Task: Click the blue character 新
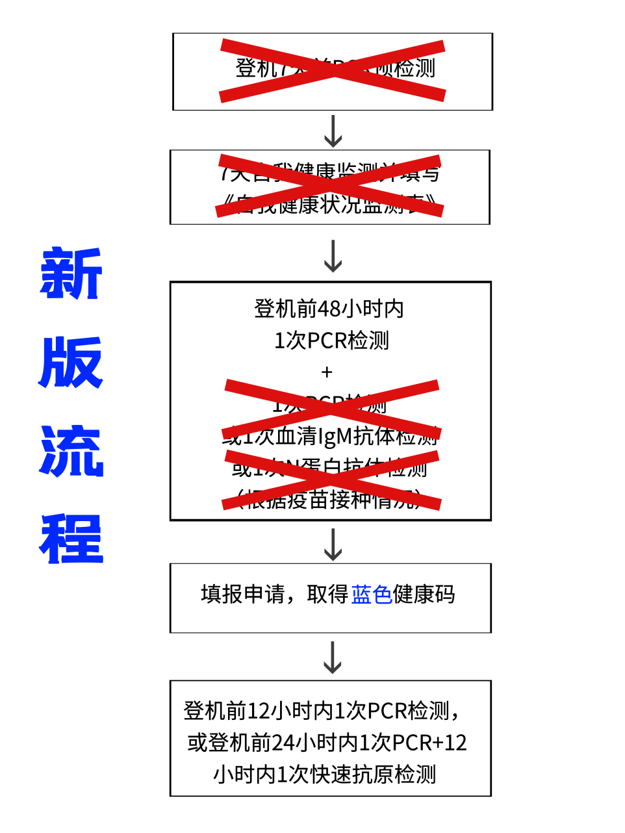tap(71, 274)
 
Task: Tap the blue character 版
tap(71, 362)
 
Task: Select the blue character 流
tap(71, 451)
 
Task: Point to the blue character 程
tap(71, 539)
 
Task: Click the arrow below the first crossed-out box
tap(333, 131)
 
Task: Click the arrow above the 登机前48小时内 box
tap(333, 255)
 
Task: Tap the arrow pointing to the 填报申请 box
tap(333, 544)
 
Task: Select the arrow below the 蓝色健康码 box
tap(333, 658)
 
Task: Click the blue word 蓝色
tap(372, 595)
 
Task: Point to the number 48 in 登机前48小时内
tap(329, 309)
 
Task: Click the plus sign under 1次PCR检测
tap(327, 372)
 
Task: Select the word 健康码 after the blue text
tap(424, 595)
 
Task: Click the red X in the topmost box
tap(333, 71)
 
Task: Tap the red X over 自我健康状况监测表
tap(330, 186)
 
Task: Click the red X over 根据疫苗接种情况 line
tap(331, 481)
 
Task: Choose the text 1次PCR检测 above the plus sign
tap(331, 340)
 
